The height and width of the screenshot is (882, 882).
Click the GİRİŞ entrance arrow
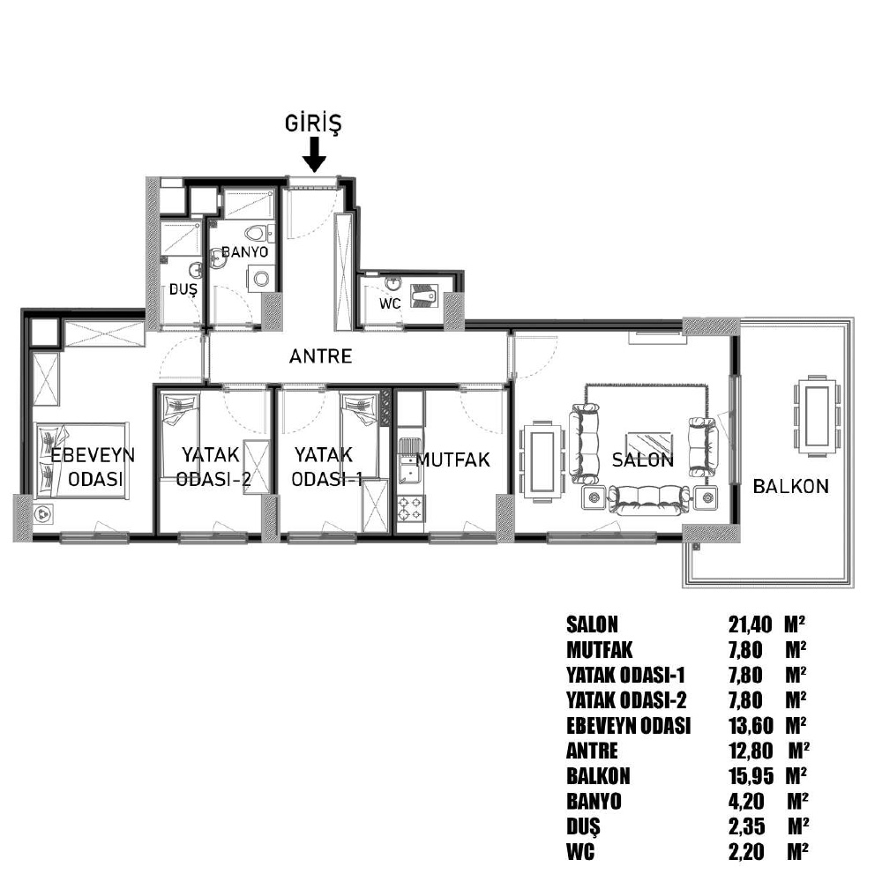(315, 154)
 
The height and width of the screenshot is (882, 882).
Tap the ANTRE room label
(321, 356)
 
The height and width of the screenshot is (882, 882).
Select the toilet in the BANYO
(257, 232)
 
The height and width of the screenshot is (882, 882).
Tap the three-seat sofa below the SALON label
(649, 500)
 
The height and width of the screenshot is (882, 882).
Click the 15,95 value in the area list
(751, 776)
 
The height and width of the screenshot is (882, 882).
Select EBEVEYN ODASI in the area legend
(628, 726)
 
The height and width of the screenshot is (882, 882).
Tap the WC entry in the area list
(580, 852)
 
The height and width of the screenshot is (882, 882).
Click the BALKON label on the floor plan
(791, 486)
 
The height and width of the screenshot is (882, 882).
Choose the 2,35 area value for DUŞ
(747, 827)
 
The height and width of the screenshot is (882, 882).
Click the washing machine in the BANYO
(260, 278)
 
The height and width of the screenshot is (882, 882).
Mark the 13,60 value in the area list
(751, 726)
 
